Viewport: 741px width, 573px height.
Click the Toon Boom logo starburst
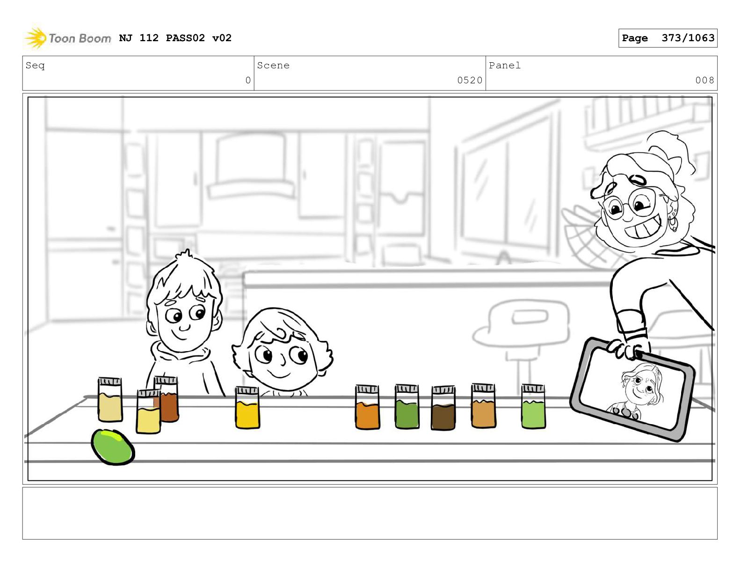(x=36, y=38)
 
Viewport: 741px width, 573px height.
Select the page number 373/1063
(x=688, y=38)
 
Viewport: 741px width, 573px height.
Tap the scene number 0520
(x=470, y=80)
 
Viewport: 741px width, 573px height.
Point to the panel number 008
(x=705, y=80)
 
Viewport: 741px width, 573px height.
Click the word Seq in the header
(x=35, y=66)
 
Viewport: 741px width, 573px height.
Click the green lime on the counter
(x=113, y=447)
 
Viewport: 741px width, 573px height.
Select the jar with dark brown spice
(x=443, y=408)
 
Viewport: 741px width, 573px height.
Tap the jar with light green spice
(x=533, y=406)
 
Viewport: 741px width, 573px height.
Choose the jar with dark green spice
(x=407, y=406)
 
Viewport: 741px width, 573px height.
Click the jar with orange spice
(x=367, y=407)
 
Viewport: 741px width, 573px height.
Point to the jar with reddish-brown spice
(x=167, y=399)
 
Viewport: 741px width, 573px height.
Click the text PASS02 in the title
(x=185, y=38)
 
